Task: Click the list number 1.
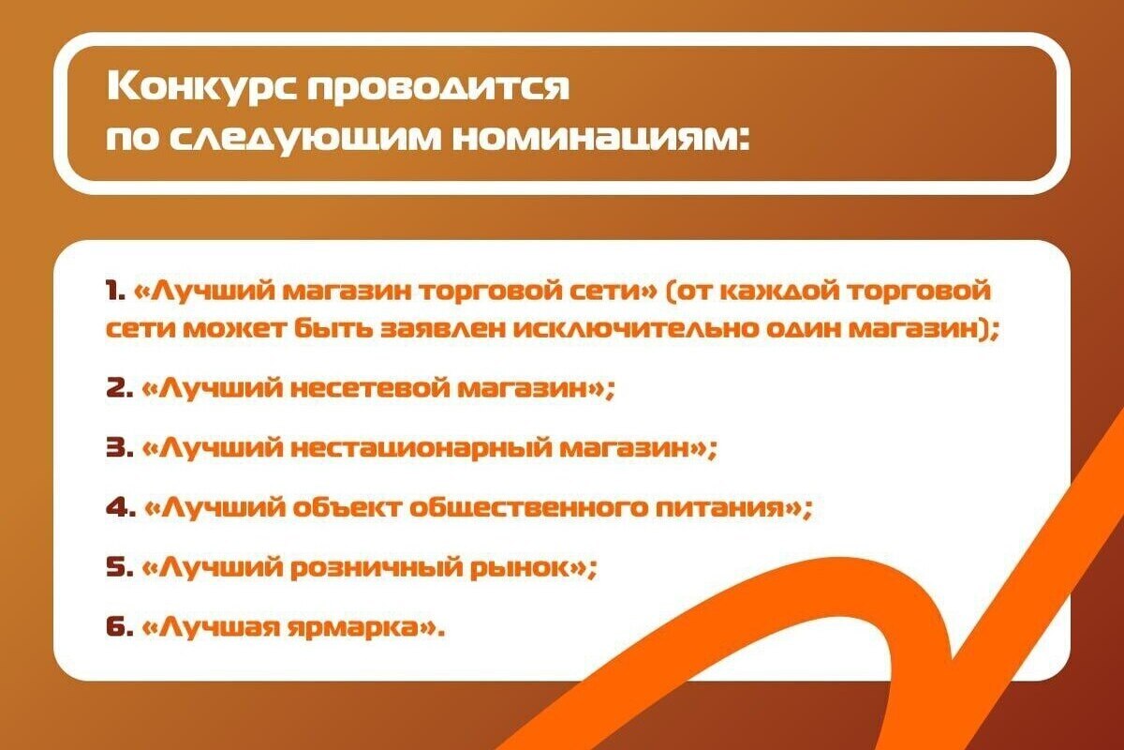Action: point(115,292)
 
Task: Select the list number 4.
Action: point(121,507)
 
